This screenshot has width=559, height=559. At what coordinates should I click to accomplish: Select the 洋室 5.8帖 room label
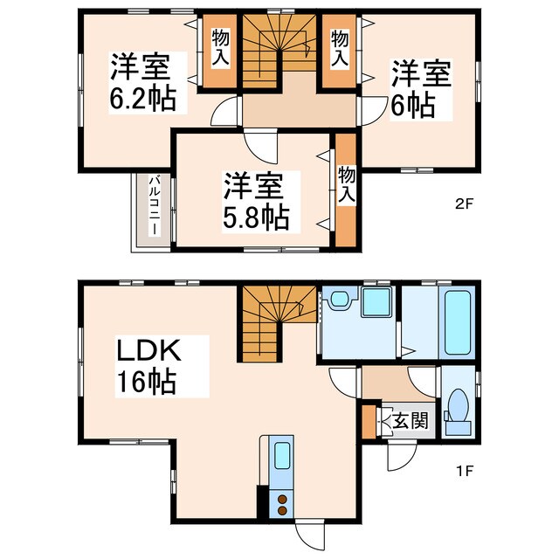pyautogui.click(x=255, y=201)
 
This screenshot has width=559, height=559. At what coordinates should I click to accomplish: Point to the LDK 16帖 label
pyautogui.click(x=149, y=366)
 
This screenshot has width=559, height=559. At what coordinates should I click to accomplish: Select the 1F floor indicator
pyautogui.click(x=463, y=473)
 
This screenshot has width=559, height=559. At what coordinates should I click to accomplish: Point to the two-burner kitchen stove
pyautogui.click(x=282, y=506)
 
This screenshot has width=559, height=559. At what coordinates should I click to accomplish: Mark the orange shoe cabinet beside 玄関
pyautogui.click(x=368, y=422)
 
